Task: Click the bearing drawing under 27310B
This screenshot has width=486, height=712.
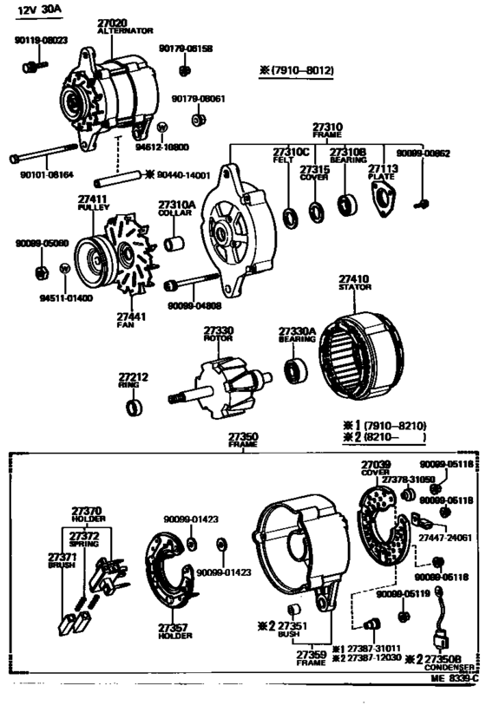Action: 347,206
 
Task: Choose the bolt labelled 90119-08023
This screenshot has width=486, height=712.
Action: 30,64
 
